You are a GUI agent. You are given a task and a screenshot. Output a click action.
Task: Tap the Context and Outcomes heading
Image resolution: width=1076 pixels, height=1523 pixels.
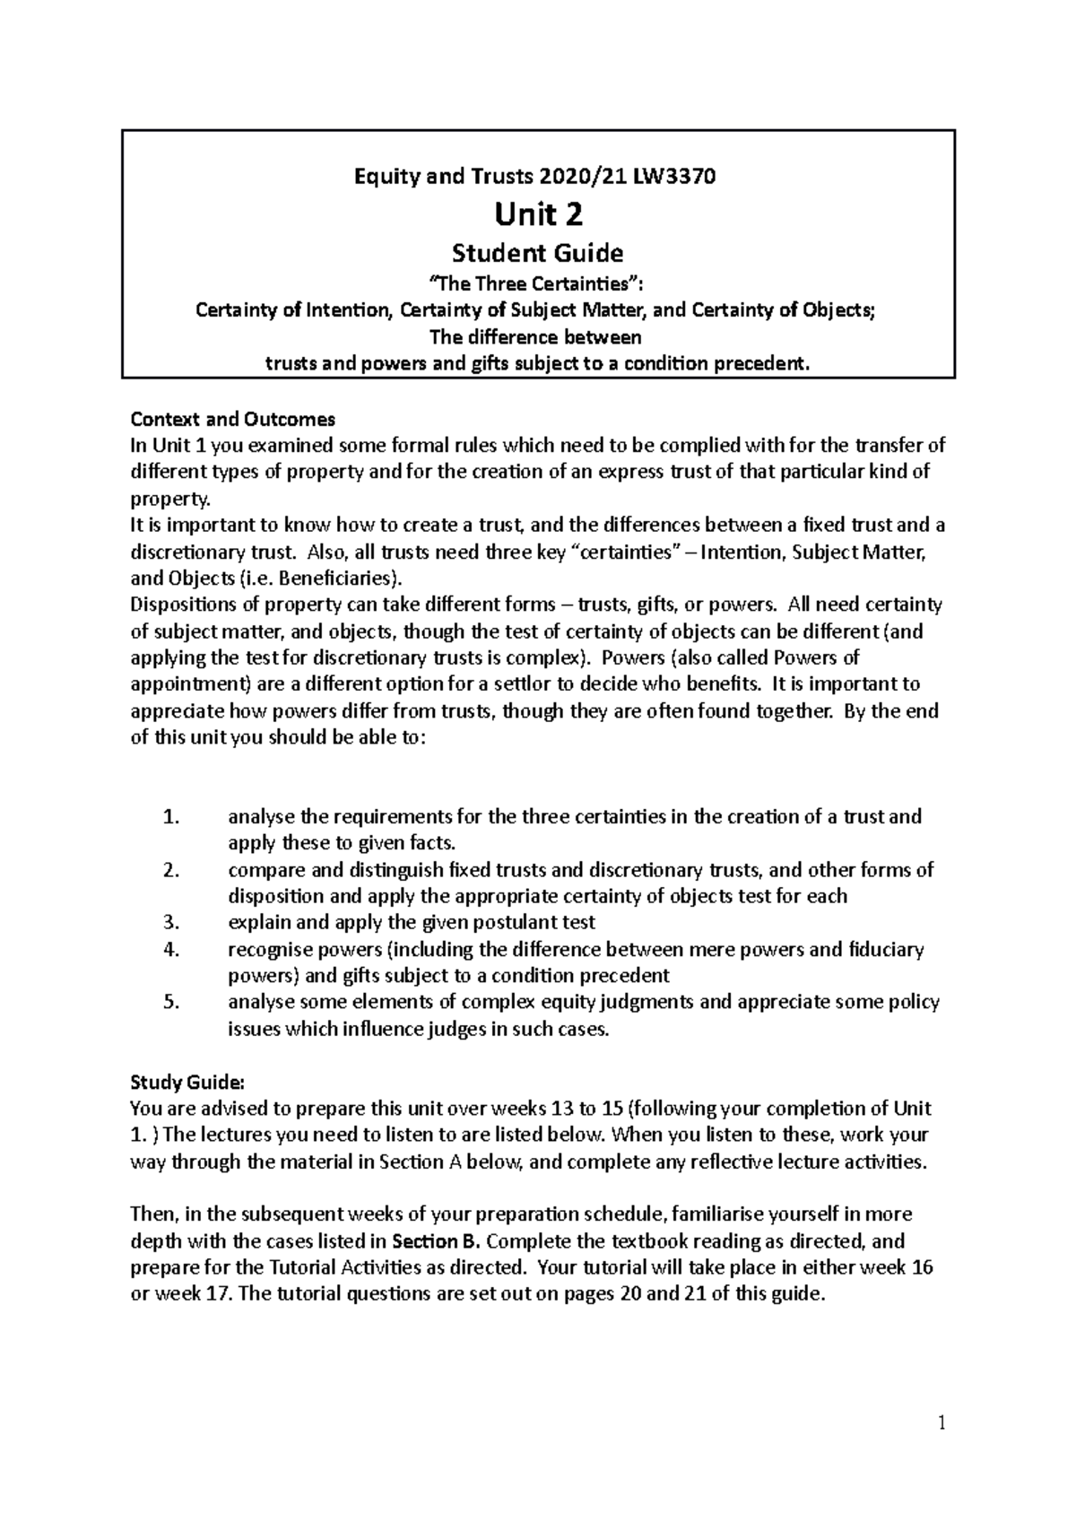(x=233, y=419)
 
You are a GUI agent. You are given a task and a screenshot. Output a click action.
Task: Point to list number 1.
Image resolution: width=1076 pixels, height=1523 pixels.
(x=172, y=817)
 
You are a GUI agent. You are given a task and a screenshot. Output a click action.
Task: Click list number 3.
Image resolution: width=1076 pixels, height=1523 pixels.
(x=172, y=923)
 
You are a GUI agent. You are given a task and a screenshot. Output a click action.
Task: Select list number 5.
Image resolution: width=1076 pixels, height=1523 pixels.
(x=172, y=1003)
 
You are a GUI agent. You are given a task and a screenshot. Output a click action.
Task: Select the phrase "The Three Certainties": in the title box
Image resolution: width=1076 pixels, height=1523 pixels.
(x=538, y=285)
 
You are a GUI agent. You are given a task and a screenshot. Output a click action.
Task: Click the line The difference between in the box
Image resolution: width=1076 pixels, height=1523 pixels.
(x=538, y=338)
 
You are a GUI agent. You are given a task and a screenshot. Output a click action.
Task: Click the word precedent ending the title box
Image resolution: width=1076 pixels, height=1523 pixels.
(x=768, y=363)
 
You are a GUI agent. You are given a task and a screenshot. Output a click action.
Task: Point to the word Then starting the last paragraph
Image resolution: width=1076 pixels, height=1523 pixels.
(x=153, y=1214)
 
